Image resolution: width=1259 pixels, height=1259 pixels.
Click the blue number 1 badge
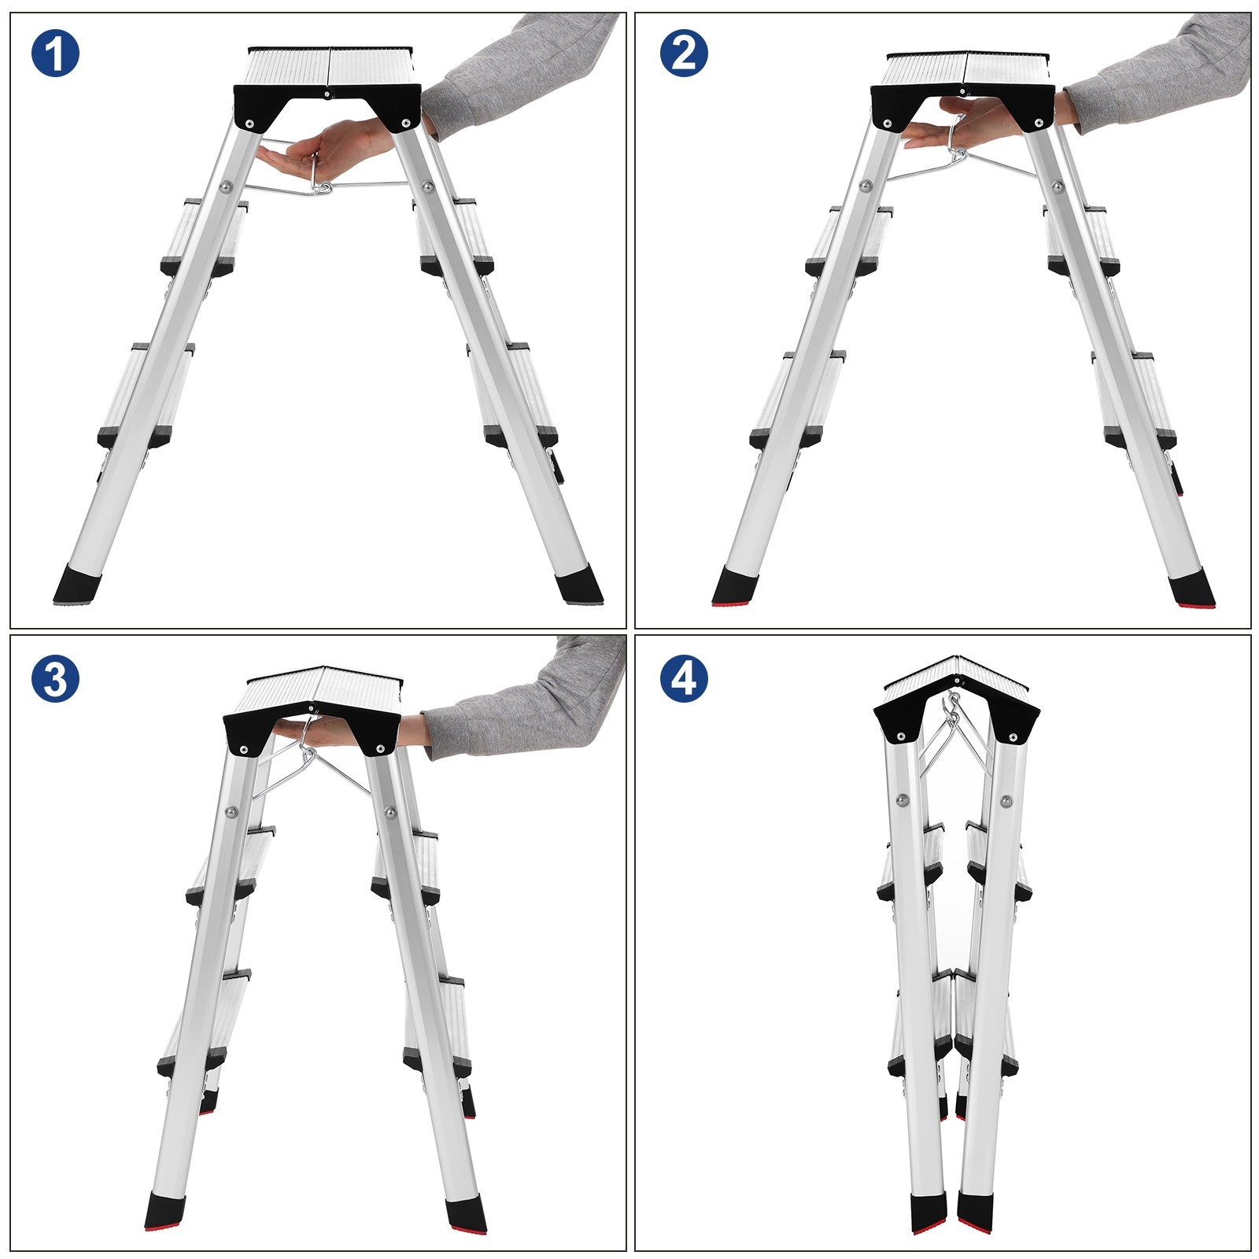point(55,54)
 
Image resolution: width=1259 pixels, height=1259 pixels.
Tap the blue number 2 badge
point(684,54)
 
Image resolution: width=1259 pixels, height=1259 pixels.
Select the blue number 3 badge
point(55,677)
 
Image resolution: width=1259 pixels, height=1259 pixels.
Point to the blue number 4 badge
point(684,677)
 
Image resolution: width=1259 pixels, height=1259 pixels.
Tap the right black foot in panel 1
point(578,587)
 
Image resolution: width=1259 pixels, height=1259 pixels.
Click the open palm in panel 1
point(319,153)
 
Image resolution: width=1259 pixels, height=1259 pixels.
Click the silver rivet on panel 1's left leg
point(225,186)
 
